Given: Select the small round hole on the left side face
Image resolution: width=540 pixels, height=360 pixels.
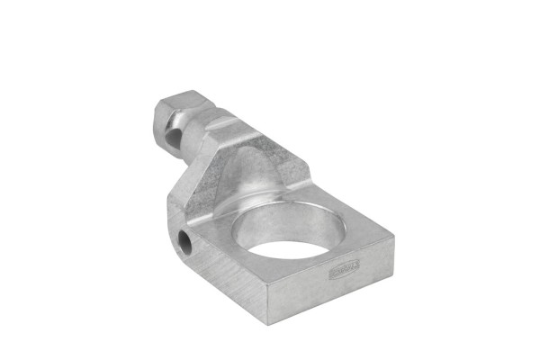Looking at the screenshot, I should click(x=184, y=240).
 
